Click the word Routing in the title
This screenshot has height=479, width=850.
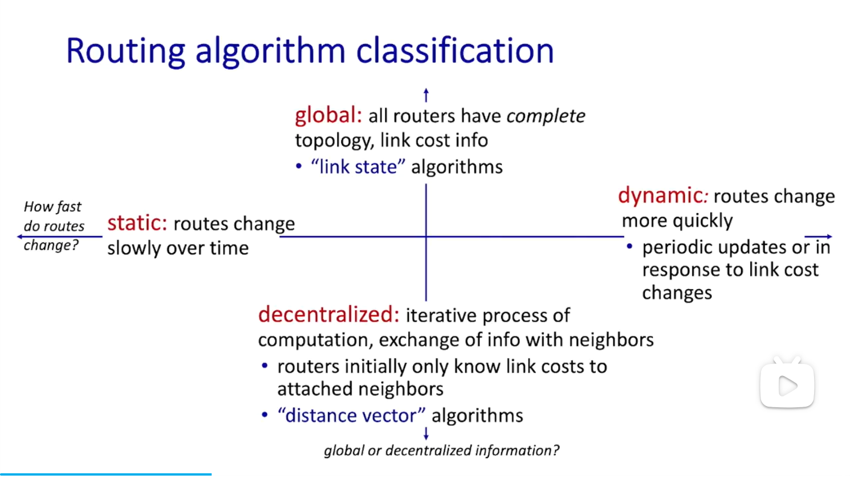coord(125,52)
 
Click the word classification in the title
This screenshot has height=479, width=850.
coord(455,51)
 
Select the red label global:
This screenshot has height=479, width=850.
coord(328,116)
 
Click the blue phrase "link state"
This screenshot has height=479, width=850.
coord(358,167)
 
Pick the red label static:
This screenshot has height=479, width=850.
coord(137,223)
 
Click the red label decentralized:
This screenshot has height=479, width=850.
coord(328,315)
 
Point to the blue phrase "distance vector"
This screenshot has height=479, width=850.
coord(351,415)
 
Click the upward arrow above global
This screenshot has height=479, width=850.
coord(426,95)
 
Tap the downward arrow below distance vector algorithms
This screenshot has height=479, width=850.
coord(426,433)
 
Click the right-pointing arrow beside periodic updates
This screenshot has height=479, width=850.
coord(818,237)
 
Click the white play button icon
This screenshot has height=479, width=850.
coord(787,386)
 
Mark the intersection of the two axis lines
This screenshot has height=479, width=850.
coord(426,237)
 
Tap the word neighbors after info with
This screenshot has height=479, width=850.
coord(611,339)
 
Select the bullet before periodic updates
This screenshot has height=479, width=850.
coord(629,247)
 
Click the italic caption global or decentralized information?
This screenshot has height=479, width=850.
coord(442,451)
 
